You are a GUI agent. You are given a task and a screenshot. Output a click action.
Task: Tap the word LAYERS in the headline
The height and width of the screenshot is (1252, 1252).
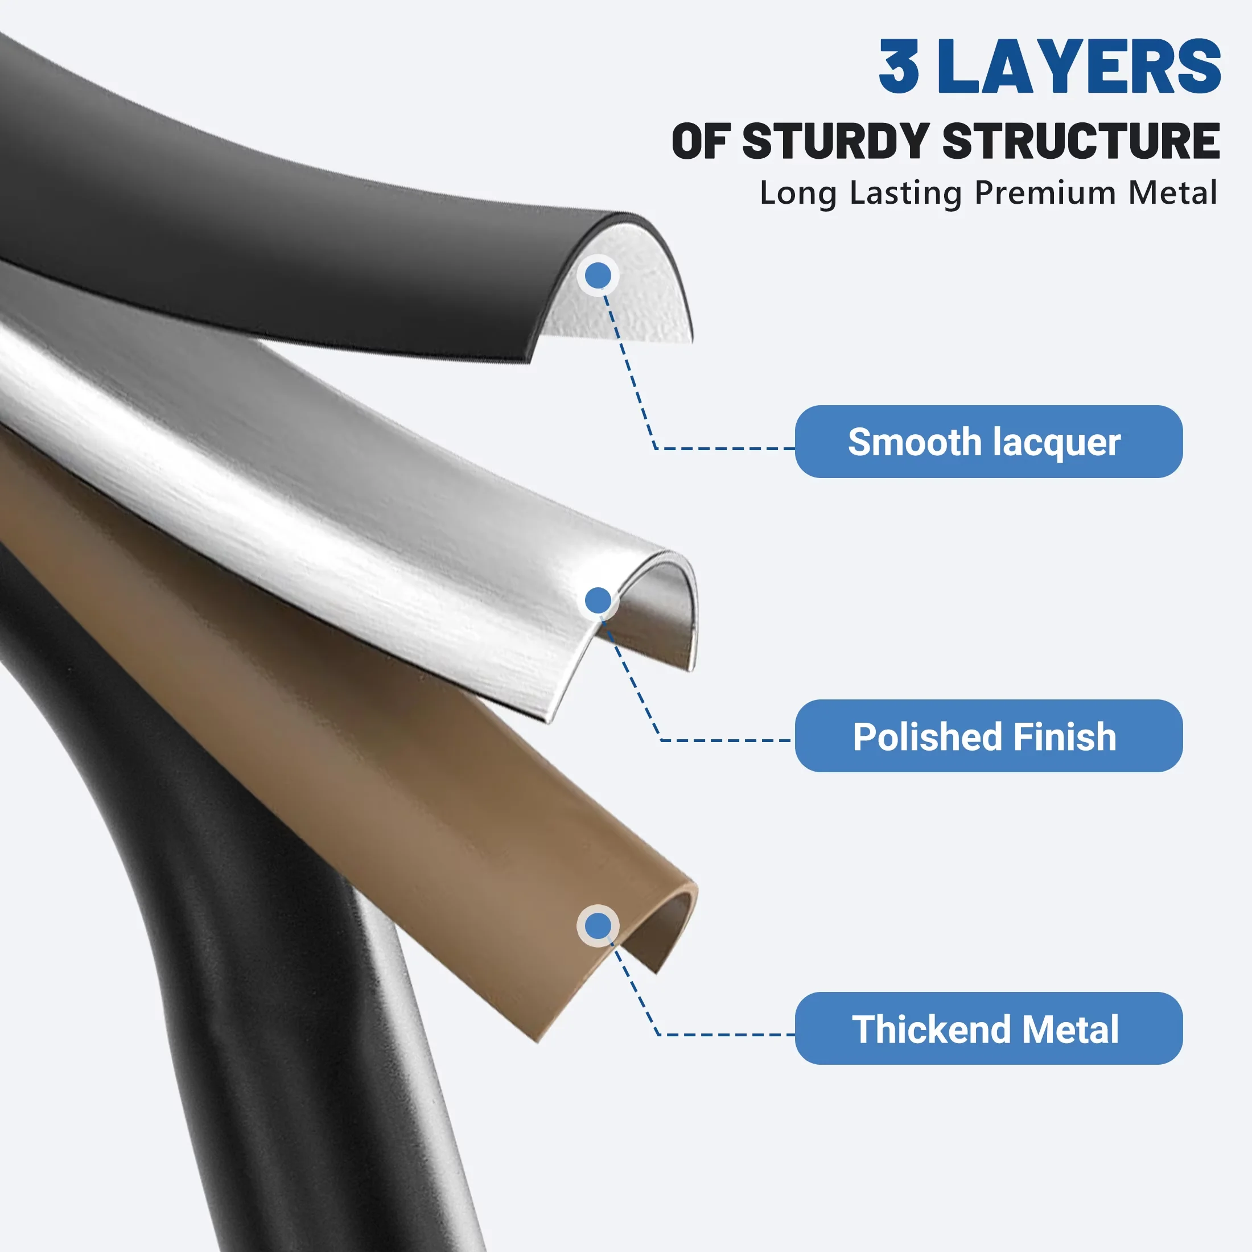tap(1079, 66)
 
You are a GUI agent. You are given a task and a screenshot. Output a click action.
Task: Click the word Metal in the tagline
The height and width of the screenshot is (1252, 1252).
tap(1173, 192)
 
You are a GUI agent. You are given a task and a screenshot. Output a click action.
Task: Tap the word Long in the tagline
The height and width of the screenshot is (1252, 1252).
tap(798, 193)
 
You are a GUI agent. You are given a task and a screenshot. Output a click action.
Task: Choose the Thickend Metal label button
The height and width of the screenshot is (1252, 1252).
tap(989, 1028)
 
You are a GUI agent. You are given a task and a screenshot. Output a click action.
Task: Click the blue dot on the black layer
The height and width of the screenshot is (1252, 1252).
tap(598, 275)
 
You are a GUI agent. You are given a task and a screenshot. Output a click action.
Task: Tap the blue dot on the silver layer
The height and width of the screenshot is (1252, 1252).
tap(598, 600)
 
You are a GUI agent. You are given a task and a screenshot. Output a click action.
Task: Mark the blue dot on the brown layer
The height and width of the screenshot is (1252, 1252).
tap(598, 925)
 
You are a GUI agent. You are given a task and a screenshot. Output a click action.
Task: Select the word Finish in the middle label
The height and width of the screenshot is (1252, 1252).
tap(1065, 737)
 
